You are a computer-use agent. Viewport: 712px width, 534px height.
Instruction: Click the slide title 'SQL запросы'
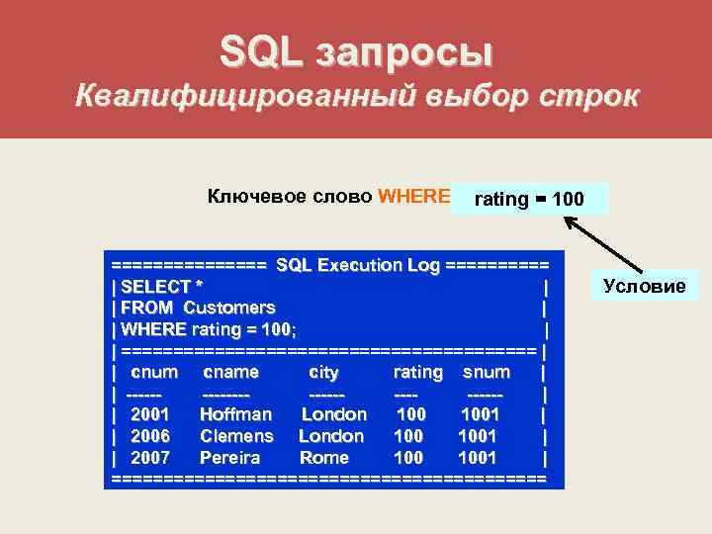click(356, 51)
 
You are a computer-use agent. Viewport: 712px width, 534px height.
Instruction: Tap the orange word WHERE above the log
click(414, 196)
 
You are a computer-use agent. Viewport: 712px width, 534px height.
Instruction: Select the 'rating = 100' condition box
click(528, 199)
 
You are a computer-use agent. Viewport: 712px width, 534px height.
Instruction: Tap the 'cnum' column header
click(154, 372)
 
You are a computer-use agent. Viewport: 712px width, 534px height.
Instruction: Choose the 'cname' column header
click(230, 372)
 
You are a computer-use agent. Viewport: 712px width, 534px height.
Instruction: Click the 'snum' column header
click(487, 372)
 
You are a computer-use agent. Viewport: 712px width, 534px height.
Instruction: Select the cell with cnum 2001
click(150, 414)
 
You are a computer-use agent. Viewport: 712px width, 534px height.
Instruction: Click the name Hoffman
click(235, 414)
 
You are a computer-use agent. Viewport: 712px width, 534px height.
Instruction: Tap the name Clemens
click(236, 436)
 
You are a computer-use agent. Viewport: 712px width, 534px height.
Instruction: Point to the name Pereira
click(229, 458)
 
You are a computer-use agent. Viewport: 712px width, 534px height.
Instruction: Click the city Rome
click(323, 458)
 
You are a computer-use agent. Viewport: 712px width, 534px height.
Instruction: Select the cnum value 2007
click(150, 458)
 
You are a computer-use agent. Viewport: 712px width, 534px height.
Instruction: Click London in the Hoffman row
click(334, 414)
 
